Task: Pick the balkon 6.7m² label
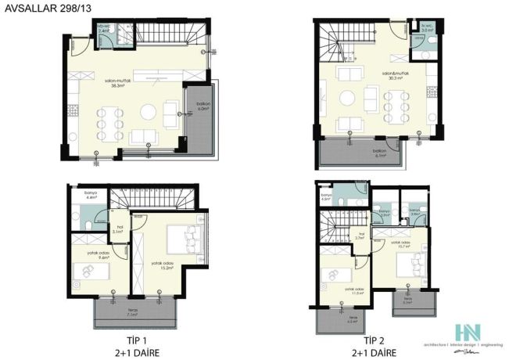380,153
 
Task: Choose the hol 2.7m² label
362,236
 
